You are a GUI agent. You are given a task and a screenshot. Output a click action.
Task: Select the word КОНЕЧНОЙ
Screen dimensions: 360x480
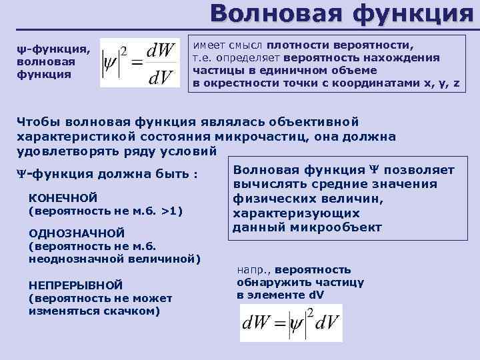point(64,198)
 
